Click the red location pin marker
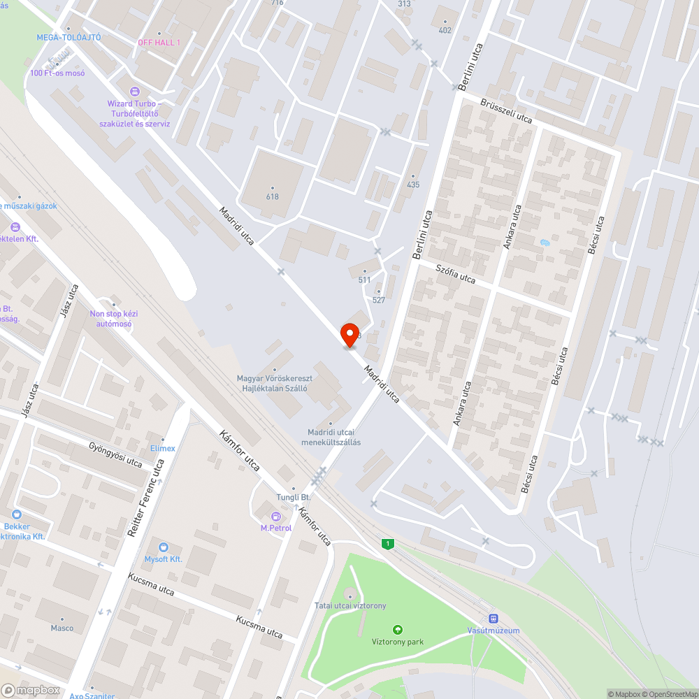pos(349,335)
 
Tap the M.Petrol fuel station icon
pos(275,517)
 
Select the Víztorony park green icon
pos(398,630)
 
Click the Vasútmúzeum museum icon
pos(493,619)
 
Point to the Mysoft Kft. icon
pos(164,547)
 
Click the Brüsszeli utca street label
pos(506,111)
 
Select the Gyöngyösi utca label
pos(115,454)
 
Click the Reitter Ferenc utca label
pos(146,498)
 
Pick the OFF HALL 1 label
pos(159,43)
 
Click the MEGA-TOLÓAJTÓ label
pos(69,37)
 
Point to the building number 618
pos(272,196)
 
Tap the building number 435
pos(413,185)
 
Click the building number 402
pos(445,30)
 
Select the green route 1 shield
pos(387,543)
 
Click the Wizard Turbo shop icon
pos(135,92)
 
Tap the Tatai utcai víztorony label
pos(350,605)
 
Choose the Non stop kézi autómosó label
pos(114,319)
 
